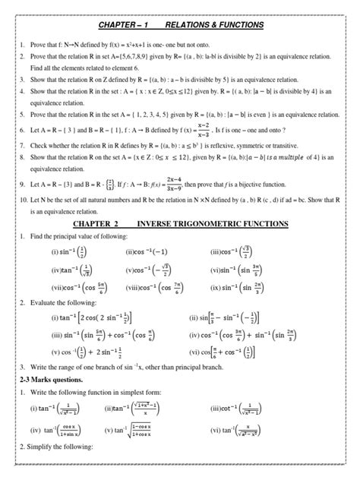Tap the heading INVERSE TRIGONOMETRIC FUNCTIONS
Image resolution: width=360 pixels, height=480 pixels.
click(212, 225)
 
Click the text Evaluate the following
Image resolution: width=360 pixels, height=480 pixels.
click(65, 305)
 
